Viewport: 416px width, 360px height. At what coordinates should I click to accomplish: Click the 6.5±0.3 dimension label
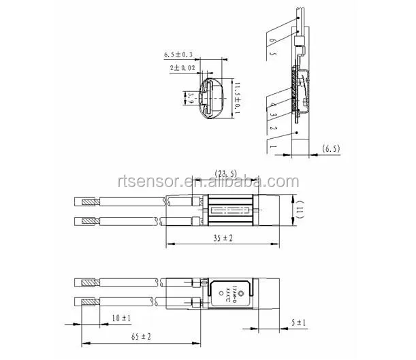click(178, 54)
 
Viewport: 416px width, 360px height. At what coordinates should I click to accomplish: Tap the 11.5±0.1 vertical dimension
click(238, 99)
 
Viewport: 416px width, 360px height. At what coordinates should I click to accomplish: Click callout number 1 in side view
click(272, 146)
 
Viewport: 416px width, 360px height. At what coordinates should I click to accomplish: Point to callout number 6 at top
click(272, 41)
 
